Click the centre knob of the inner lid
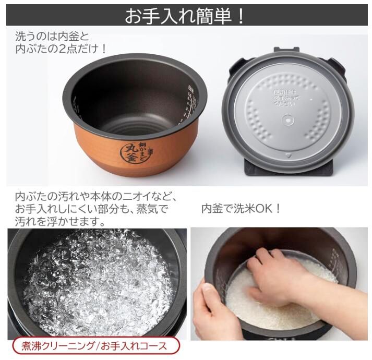pos(287,120)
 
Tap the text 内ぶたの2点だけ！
pos(62,50)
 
